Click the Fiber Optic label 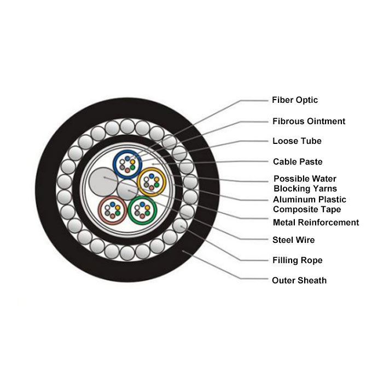295,100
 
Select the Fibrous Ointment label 309,121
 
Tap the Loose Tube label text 297,141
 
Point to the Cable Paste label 298,162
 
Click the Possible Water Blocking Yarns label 305,184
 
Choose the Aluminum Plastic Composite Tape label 310,204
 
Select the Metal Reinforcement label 316,223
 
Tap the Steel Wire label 293,240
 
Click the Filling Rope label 298,260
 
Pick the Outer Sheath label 299,281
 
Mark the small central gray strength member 127,190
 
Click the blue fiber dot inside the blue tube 127,159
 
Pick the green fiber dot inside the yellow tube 156,184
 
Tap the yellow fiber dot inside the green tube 147,208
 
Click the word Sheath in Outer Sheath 312,281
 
